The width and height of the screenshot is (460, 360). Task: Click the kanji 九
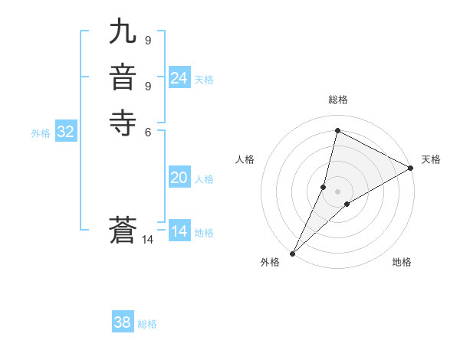tap(123, 32)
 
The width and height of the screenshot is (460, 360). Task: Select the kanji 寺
tap(123, 123)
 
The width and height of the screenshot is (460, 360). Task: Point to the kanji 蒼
tap(123, 231)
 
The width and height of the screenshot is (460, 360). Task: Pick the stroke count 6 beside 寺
tap(147, 131)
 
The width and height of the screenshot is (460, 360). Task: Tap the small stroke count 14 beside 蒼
tap(148, 240)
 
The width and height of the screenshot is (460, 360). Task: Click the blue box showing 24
tap(179, 78)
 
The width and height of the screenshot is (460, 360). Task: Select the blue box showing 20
tap(179, 178)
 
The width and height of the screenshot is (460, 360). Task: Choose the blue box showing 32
tap(66, 132)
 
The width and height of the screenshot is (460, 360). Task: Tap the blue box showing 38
tap(123, 322)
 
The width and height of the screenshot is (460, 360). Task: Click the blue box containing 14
tap(179, 231)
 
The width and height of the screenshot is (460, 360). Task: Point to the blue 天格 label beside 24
tap(204, 80)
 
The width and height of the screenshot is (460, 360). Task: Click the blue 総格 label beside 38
tap(147, 324)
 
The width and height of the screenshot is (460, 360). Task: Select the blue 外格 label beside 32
tap(41, 133)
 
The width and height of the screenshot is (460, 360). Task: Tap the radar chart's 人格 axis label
tap(245, 159)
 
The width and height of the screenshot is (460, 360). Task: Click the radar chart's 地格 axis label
tap(402, 262)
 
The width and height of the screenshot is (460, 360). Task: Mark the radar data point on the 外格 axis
tap(292, 254)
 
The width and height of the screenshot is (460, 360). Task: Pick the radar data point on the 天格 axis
tap(411, 168)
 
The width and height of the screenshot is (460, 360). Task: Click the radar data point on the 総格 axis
tap(337, 129)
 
